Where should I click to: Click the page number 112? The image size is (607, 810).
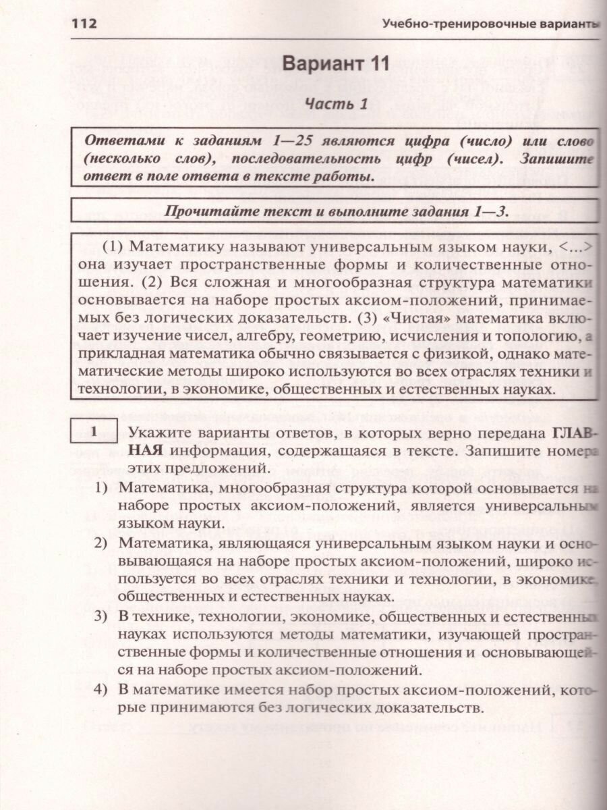click(84, 24)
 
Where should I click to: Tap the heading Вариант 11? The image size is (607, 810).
click(336, 64)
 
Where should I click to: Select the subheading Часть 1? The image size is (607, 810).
click(336, 103)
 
